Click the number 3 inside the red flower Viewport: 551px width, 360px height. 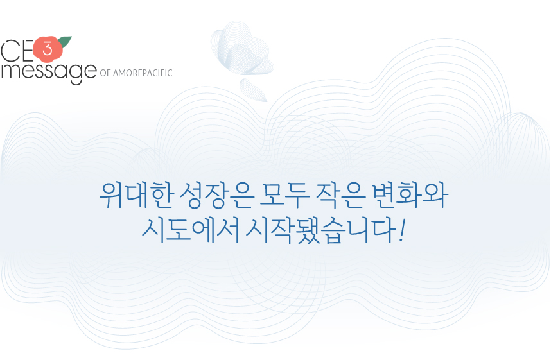coord(48,49)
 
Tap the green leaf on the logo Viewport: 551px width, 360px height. coord(65,42)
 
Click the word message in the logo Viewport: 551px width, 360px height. coord(49,72)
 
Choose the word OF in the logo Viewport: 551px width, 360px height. coord(105,73)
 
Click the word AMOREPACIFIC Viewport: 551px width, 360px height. coord(143,73)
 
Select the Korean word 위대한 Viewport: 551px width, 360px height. coord(136,195)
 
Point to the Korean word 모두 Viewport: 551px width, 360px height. coord(284,195)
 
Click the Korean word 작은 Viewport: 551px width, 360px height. coord(341,195)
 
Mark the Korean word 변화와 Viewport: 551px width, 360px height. coord(410,195)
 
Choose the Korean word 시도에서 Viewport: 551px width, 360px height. coord(191,230)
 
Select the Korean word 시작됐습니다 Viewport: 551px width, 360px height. coord(320,230)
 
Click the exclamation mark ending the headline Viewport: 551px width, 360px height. coord(401,230)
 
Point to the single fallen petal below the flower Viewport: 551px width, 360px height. coord(253,90)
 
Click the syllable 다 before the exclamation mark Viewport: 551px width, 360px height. coord(383,230)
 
